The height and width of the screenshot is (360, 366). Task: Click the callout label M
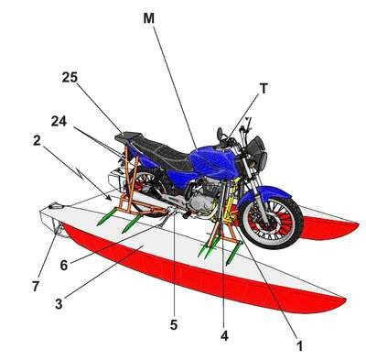click(x=149, y=18)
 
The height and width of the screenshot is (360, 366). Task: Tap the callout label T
click(x=264, y=89)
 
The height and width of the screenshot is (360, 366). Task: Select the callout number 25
click(x=70, y=77)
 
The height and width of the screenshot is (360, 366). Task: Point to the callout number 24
click(x=59, y=122)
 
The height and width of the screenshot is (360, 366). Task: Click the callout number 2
click(x=37, y=141)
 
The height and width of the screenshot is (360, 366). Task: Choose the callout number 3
click(x=59, y=304)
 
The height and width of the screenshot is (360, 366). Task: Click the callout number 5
click(x=174, y=325)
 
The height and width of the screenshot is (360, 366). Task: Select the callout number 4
click(x=224, y=336)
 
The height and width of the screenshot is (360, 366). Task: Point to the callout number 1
click(x=300, y=346)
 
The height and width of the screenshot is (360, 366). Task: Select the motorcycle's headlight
click(x=259, y=154)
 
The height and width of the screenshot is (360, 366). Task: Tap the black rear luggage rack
click(x=128, y=136)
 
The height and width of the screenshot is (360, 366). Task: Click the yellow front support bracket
click(x=231, y=200)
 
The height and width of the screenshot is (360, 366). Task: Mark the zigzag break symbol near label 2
click(x=80, y=173)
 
